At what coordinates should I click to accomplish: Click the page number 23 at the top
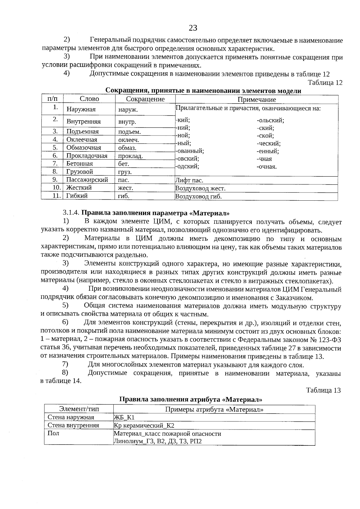point(193,28)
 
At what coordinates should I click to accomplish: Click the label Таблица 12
point(325,83)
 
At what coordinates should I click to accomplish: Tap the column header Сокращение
point(145,99)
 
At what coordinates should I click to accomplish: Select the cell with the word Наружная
point(81,109)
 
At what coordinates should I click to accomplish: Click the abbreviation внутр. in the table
point(127,122)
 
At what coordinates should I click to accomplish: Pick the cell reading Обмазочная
point(84,148)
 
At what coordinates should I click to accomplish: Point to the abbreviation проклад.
point(130,156)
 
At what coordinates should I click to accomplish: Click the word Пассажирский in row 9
point(87,180)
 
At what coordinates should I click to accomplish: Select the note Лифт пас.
point(189,181)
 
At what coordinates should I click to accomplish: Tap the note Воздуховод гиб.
point(198,197)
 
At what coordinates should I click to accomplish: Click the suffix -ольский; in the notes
point(270,121)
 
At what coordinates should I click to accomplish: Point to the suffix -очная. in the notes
point(267,167)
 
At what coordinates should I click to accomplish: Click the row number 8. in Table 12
point(55,172)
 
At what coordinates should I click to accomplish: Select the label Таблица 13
point(323,391)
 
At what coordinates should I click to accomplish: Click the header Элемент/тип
point(79,409)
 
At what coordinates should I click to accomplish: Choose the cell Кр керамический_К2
point(144,426)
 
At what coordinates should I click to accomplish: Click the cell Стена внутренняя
point(73,426)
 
